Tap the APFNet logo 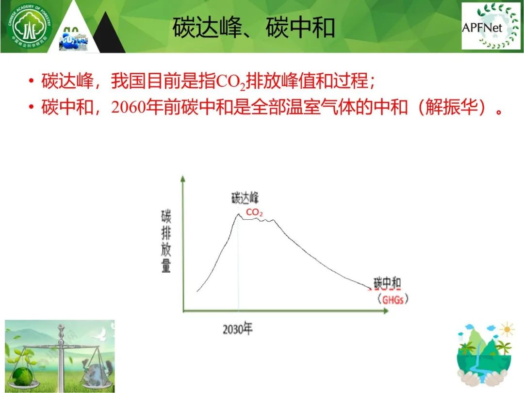click(491, 26)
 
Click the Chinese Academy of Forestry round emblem click(30, 26)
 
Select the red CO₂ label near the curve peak click(254, 212)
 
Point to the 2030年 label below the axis click(238, 329)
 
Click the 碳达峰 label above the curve click(245, 198)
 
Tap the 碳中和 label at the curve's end click(387, 283)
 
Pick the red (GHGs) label click(393, 299)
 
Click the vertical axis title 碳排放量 click(166, 241)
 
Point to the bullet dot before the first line click(31, 81)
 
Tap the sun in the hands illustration click(507, 330)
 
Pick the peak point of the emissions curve click(239, 214)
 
